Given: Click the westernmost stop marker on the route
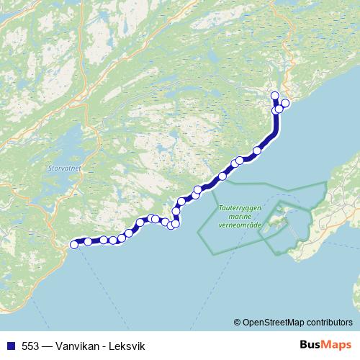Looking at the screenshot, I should point(73,245).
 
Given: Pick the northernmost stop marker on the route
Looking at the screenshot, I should point(274,96).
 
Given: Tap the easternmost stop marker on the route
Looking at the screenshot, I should point(284,103).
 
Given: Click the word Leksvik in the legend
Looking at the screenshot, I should point(125,346).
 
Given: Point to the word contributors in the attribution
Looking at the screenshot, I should point(329,323).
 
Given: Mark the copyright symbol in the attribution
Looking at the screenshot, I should point(238,323).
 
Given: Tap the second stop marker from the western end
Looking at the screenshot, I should point(88,241).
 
